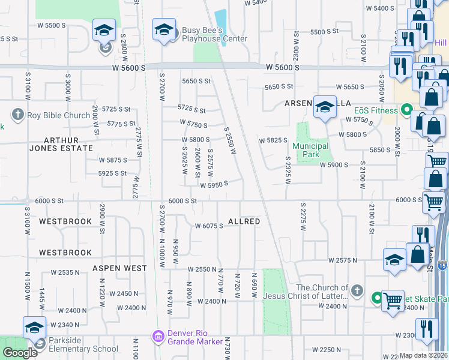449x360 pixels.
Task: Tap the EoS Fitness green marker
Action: point(407,110)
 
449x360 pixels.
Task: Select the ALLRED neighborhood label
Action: point(244,221)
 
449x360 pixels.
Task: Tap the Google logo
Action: point(20,353)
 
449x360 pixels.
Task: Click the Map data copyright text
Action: point(424,355)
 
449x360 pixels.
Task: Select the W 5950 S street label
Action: point(213,185)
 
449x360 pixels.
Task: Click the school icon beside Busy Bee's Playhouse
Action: point(164,31)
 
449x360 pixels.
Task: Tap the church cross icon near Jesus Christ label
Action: point(357,291)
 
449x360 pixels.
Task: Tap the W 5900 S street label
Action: point(334,164)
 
